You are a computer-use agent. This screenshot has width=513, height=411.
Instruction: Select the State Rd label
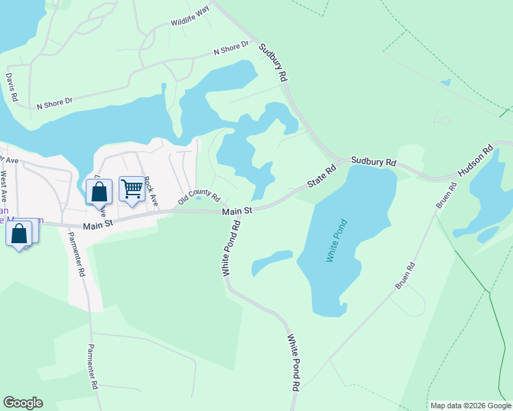coord(322,175)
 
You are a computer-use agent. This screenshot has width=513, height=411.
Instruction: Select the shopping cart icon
coord(132,188)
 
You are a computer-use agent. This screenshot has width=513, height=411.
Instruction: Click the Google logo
coord(23,403)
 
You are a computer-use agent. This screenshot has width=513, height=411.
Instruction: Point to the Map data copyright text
coord(470,406)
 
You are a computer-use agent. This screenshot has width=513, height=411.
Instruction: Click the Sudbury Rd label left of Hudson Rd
coord(374,162)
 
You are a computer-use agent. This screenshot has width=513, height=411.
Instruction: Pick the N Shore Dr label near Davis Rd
coord(55,103)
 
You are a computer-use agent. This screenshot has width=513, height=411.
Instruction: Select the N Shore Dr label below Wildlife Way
coord(230,48)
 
